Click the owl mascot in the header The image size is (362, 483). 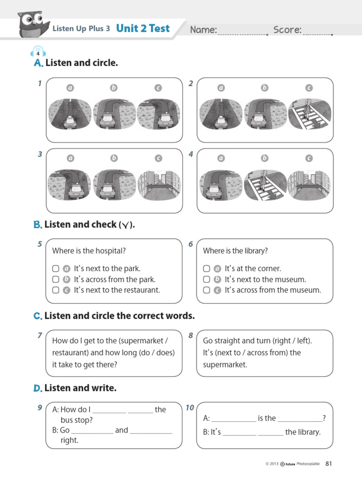pyautogui.click(x=33, y=23)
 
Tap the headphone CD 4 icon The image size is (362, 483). pyautogui.click(x=38, y=51)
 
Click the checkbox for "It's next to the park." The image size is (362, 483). pyautogui.click(x=56, y=268)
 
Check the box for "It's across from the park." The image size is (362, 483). pyautogui.click(x=56, y=279)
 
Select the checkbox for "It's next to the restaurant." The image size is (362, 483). pyautogui.click(x=56, y=290)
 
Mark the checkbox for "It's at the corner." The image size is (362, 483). pyautogui.click(x=206, y=268)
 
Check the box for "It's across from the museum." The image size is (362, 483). pyautogui.click(x=206, y=290)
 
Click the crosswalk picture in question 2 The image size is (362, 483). pyautogui.click(x=309, y=114)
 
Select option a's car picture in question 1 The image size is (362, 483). pyautogui.click(x=69, y=114)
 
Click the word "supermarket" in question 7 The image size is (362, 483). pyautogui.click(x=142, y=341)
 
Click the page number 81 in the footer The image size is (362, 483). pyautogui.click(x=329, y=464)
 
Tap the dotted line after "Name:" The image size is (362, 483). pyautogui.click(x=242, y=34)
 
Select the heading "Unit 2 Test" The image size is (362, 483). pyautogui.click(x=142, y=28)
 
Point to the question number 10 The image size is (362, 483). pyautogui.click(x=190, y=408)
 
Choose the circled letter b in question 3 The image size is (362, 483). pyautogui.click(x=114, y=158)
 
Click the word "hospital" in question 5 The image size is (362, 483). pyautogui.click(x=112, y=251)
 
